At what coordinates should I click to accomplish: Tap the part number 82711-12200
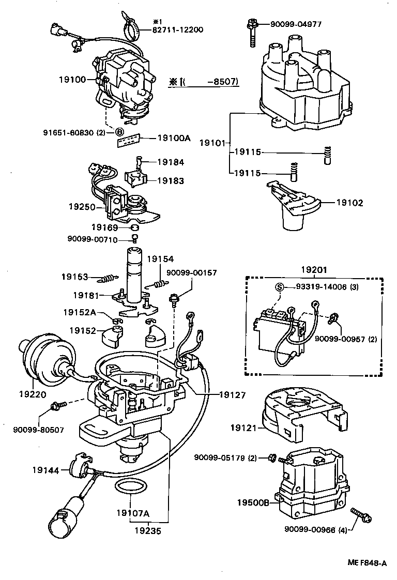point(177,30)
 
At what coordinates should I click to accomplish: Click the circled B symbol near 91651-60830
point(119,132)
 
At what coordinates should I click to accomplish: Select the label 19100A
point(174,138)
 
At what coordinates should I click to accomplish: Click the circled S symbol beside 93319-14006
point(279,288)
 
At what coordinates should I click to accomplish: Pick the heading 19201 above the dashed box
point(313,269)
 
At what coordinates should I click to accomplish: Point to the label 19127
point(231,395)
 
